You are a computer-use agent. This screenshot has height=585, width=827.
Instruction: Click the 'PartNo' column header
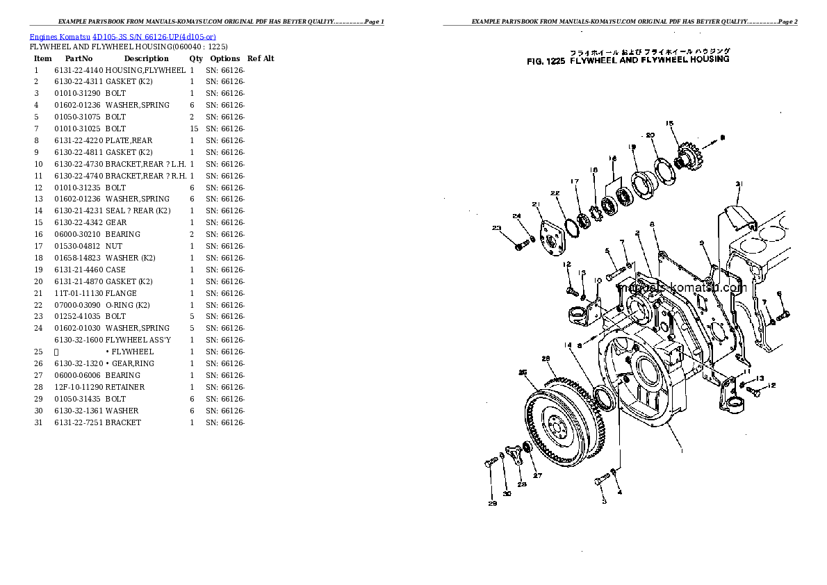79,59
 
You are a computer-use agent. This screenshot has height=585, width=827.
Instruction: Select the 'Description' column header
146,59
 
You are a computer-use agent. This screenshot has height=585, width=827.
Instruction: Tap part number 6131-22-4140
79,71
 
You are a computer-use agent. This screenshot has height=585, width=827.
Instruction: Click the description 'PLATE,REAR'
129,141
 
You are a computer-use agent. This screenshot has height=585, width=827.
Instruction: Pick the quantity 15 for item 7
193,129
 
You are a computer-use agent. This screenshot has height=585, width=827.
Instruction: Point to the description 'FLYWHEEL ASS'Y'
138,340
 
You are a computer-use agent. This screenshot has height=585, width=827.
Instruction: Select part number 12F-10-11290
79,387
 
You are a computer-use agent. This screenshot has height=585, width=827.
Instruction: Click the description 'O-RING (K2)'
129,305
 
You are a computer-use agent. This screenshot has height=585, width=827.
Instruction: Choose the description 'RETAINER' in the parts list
125,387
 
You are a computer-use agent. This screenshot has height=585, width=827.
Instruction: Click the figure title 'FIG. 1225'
546,60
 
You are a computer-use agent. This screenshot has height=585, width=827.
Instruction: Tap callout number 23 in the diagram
496,229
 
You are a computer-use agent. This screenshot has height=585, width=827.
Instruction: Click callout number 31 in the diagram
739,184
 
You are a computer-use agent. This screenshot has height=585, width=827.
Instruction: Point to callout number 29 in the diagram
492,504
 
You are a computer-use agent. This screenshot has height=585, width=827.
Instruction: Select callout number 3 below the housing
603,501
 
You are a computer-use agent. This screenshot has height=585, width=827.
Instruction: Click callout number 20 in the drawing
650,135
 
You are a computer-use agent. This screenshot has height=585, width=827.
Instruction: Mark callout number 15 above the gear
670,124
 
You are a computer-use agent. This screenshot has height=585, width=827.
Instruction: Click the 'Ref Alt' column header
261,59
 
